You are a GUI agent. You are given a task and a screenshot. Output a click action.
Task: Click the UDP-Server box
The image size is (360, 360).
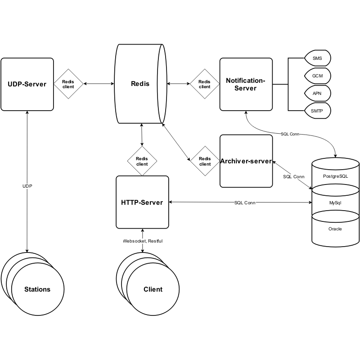point(27,84)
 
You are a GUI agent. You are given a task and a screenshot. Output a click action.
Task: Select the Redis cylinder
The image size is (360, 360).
point(140,84)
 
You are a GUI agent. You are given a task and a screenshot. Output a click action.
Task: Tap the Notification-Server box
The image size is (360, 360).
point(246,84)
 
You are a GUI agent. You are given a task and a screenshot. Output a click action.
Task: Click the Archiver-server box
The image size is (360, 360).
point(246,161)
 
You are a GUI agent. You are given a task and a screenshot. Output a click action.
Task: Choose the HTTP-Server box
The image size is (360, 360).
point(142,202)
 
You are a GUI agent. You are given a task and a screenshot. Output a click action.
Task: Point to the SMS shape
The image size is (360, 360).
point(317,58)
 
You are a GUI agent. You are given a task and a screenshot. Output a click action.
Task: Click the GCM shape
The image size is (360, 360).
point(317,76)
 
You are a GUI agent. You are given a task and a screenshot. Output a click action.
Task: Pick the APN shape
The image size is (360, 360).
point(317,93)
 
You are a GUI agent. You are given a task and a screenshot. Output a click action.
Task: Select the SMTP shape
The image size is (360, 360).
point(317,110)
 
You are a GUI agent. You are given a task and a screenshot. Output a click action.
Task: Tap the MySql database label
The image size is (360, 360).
point(336,203)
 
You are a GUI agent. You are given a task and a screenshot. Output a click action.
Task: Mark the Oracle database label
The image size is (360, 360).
point(335,229)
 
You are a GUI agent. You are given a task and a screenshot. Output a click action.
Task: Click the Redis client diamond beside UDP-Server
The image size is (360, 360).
point(68,84)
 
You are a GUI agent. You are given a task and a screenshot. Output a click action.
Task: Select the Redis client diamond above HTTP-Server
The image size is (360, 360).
point(142,161)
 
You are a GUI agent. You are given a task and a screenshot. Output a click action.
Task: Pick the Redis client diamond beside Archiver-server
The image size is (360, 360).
point(205,161)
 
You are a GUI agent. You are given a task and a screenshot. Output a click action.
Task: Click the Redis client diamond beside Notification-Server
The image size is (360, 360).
point(205,84)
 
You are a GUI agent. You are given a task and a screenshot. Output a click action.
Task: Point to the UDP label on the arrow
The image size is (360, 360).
point(27,186)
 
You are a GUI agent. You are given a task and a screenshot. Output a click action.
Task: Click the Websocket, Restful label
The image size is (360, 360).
point(143,241)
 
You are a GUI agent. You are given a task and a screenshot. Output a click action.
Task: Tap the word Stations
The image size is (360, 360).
point(37,289)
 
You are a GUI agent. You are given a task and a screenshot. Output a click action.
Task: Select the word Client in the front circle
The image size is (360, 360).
point(153,289)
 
